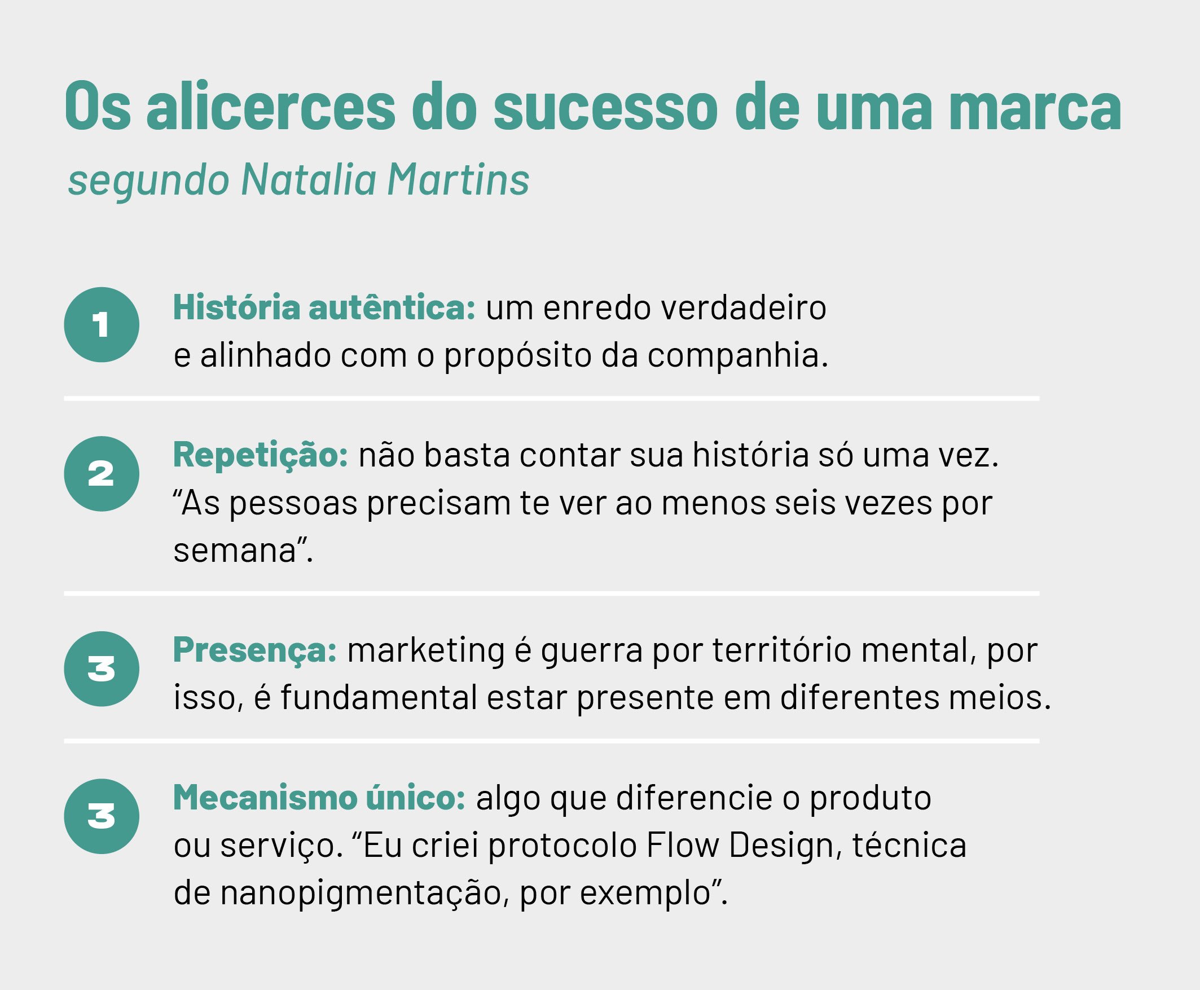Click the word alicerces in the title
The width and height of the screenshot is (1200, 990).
tap(271, 106)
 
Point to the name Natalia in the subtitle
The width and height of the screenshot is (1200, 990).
tap(309, 179)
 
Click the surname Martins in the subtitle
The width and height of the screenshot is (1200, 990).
tap(459, 179)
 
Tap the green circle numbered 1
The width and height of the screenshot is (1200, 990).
tap(102, 324)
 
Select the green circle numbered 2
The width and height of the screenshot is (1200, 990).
tap(102, 474)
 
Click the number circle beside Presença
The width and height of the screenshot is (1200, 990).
tap(102, 669)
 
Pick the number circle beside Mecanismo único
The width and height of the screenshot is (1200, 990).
tap(102, 817)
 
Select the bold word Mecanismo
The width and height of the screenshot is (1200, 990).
tap(265, 797)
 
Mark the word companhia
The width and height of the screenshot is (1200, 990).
tap(737, 357)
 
